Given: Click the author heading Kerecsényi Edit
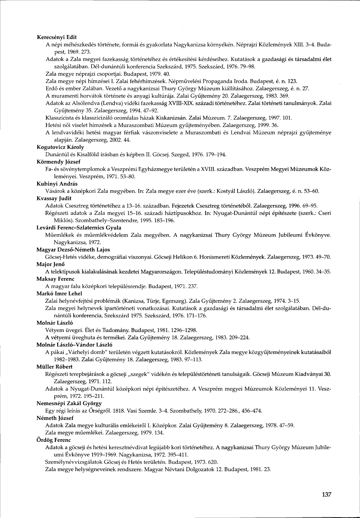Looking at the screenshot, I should (x=57, y=37).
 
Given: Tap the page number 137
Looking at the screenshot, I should (x=326, y=495).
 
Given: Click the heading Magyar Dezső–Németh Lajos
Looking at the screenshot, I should (x=73, y=250).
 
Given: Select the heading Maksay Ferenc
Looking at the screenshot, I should (x=55, y=279).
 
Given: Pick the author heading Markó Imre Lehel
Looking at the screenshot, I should (x=59, y=294).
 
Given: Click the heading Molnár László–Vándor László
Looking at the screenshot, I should (x=74, y=345).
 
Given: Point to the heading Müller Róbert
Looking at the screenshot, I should (x=54, y=367).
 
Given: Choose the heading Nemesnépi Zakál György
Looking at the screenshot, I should (x=69, y=403).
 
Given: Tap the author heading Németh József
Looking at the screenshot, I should (x=55, y=418).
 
